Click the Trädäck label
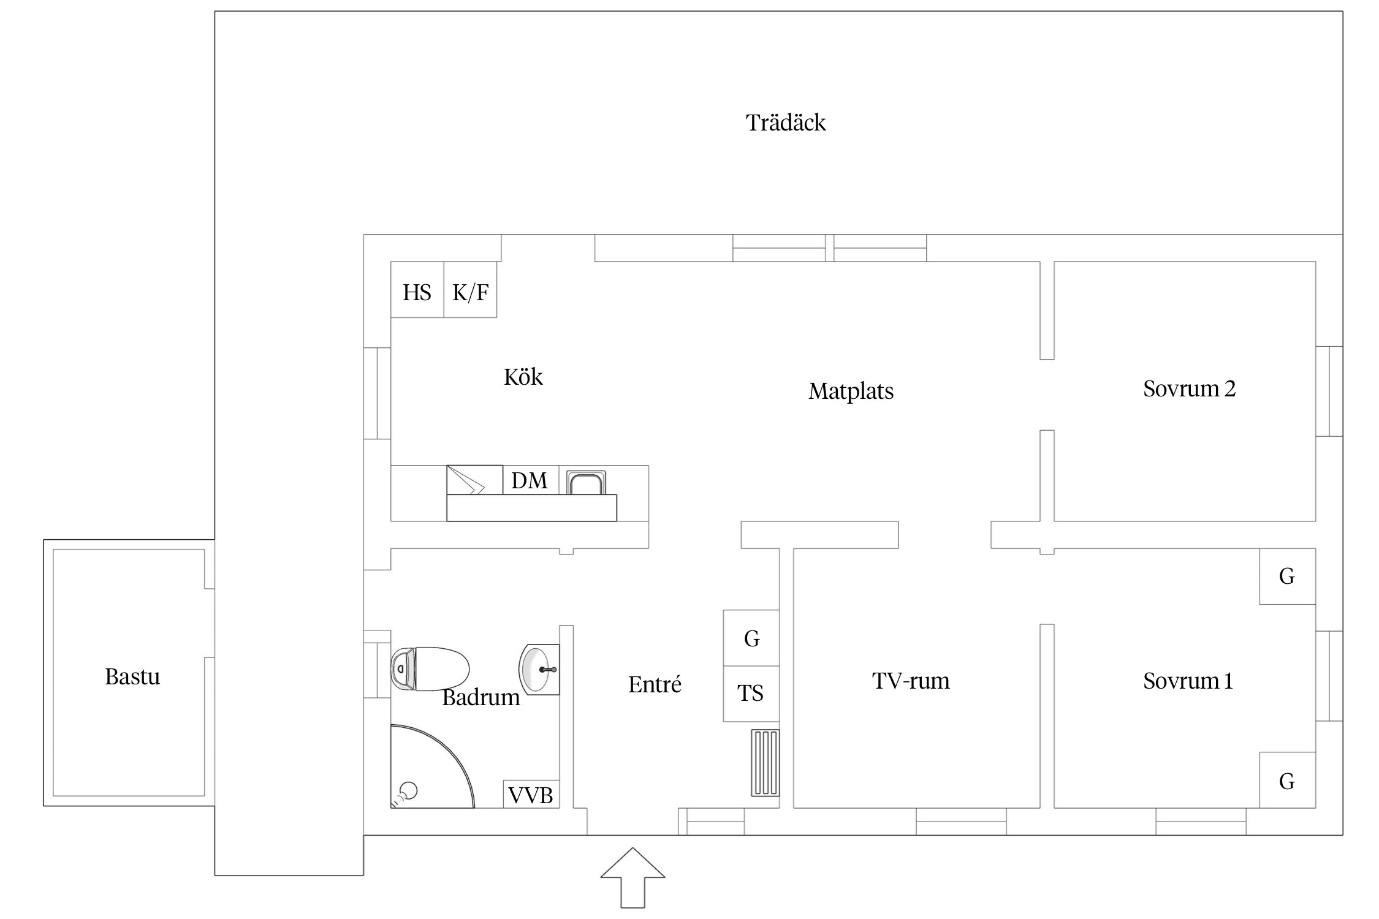point(786,123)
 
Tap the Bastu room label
point(132,676)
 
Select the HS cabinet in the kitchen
point(417,290)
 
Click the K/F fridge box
point(470,290)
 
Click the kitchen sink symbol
point(587,482)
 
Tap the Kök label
point(523,377)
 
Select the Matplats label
point(851,391)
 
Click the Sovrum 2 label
point(1190,388)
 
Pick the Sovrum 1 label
point(1188,681)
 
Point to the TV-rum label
point(911,681)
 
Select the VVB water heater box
point(531,794)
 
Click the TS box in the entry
point(751,694)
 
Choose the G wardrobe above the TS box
point(751,638)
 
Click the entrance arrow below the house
point(633,877)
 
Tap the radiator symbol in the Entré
point(765,763)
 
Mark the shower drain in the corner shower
point(408,791)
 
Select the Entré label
point(655,684)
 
